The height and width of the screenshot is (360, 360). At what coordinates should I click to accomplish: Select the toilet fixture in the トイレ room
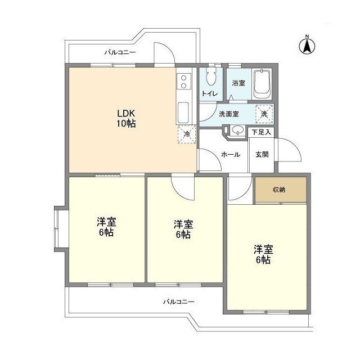pyautogui.click(x=211, y=79)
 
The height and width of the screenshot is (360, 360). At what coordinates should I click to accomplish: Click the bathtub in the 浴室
pyautogui.click(x=262, y=84)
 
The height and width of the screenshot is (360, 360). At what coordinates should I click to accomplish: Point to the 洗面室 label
pyautogui.click(x=228, y=114)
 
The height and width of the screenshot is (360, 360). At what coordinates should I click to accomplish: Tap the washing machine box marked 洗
pyautogui.click(x=264, y=112)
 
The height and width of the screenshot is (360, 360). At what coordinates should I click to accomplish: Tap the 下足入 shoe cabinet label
pyautogui.click(x=261, y=132)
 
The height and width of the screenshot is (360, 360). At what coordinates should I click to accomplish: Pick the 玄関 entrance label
pyautogui.click(x=262, y=154)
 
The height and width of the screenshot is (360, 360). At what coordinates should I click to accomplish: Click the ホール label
pyautogui.click(x=231, y=154)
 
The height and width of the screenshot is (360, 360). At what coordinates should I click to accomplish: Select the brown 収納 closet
pyautogui.click(x=280, y=190)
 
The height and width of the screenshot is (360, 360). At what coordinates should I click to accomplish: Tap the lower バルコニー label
pyautogui.click(x=179, y=301)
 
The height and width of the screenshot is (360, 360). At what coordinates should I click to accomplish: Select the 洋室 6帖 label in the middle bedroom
pyautogui.click(x=182, y=229)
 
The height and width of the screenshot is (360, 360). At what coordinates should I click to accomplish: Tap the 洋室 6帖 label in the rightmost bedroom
pyautogui.click(x=263, y=254)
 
